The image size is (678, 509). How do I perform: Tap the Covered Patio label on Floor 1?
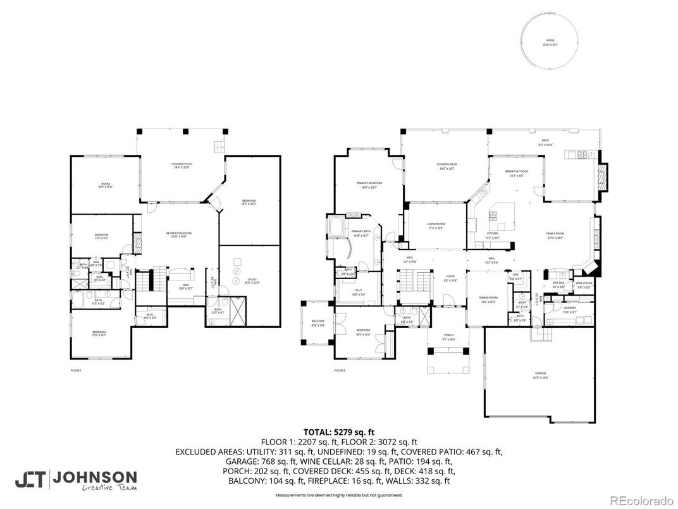[x=182, y=166]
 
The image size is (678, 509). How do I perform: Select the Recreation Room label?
[x=179, y=235]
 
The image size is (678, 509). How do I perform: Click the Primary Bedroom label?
[x=367, y=185]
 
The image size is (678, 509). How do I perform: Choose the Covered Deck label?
[x=447, y=167]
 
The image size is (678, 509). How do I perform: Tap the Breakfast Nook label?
[x=517, y=173]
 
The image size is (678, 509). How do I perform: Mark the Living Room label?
[x=436, y=225]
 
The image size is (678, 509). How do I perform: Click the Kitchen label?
[x=493, y=235]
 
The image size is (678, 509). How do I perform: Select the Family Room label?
[x=555, y=235]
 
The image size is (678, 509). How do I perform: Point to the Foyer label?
[x=450, y=278]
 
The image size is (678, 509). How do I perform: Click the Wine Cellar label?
[x=583, y=284]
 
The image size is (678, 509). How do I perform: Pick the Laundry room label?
[x=569, y=310]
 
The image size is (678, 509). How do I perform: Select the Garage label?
[x=539, y=375]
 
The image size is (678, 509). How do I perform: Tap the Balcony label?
[x=317, y=324]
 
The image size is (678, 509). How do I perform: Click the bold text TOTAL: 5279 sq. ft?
[x=339, y=432]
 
